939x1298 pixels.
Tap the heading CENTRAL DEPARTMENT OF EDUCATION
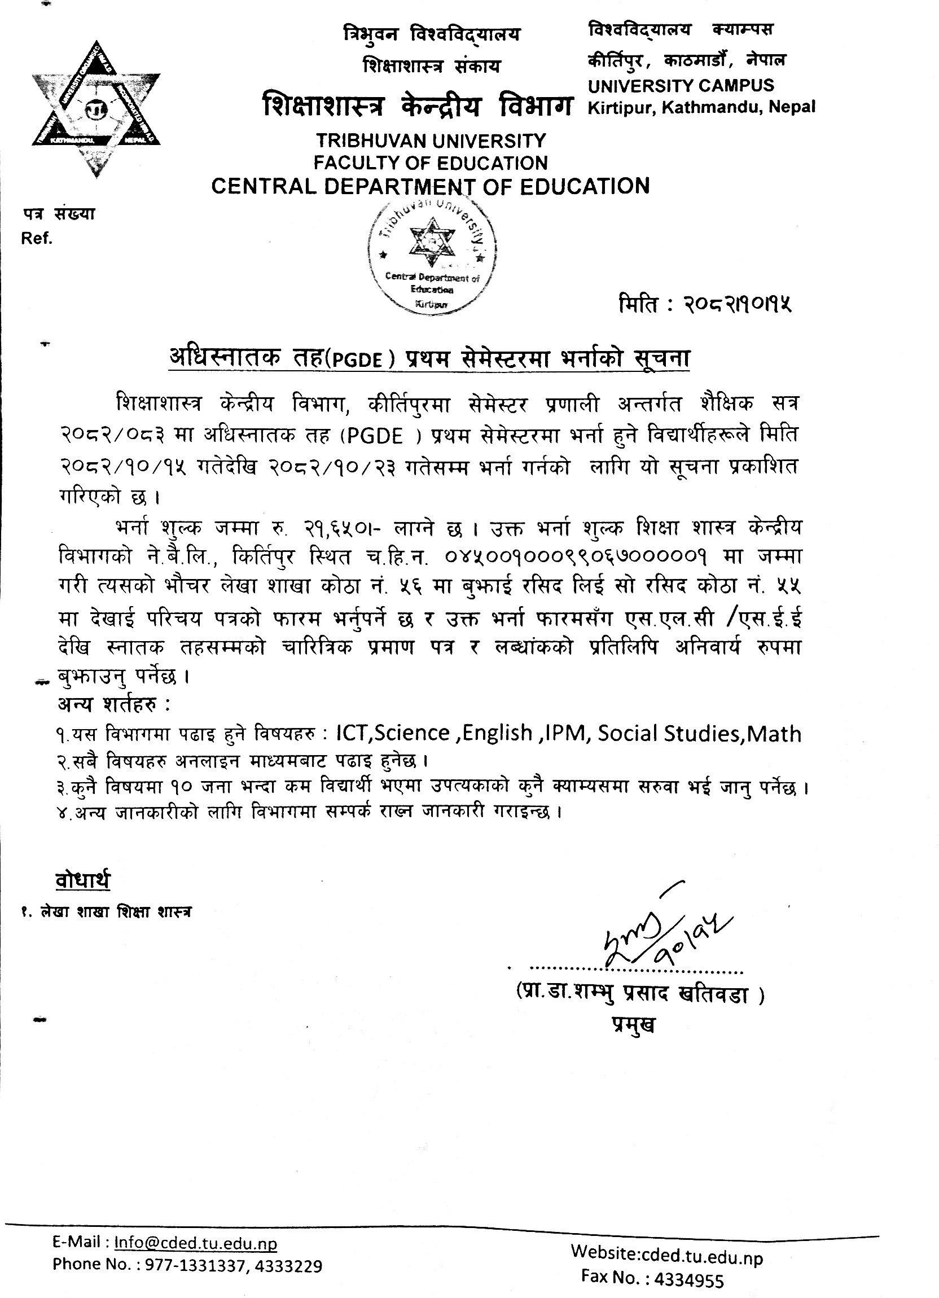coord(431,187)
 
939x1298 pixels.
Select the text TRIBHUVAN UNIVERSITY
coord(432,140)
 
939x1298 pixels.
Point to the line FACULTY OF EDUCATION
coord(431,163)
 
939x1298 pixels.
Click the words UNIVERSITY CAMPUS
coord(681,86)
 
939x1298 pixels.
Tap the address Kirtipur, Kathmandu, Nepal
coord(701,107)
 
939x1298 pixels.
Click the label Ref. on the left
coord(37,239)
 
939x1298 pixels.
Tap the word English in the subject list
coord(497,734)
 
